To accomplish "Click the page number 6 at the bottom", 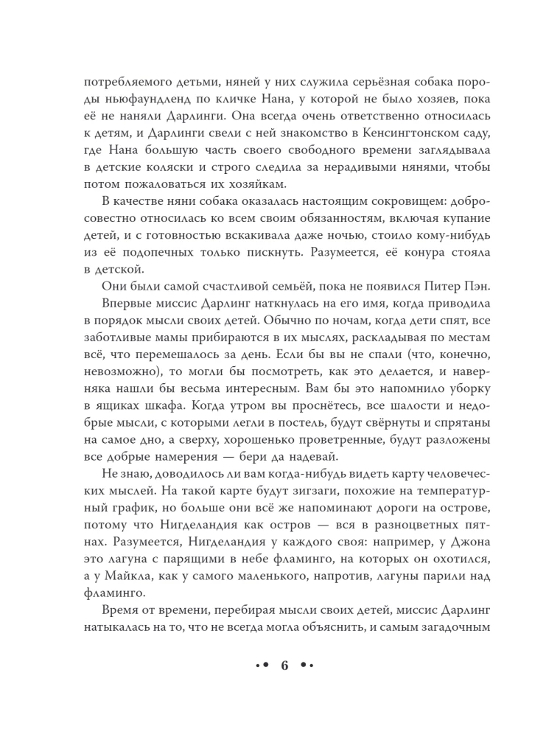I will pos(284,666).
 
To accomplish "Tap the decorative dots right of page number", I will pos(308,666).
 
